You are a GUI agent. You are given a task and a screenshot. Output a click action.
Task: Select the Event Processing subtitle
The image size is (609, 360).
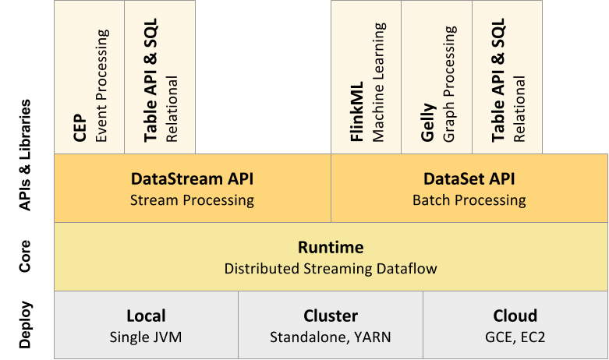[x=101, y=86]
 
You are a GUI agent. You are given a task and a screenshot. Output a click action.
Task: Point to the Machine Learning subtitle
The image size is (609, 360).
[x=379, y=82]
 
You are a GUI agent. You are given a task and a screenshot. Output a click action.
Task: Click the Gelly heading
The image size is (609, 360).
[x=427, y=125]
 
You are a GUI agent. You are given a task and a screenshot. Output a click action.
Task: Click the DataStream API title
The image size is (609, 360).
[x=192, y=179]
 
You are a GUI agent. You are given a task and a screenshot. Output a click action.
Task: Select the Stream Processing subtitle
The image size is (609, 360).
[x=192, y=200]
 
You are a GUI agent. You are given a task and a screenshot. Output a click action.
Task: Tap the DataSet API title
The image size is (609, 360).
[x=469, y=179]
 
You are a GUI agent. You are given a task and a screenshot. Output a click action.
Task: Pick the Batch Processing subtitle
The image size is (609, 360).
[x=469, y=200]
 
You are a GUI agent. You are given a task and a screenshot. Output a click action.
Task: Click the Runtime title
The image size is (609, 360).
[x=331, y=248]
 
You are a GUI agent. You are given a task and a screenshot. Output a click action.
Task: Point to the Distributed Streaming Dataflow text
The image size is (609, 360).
[x=331, y=269]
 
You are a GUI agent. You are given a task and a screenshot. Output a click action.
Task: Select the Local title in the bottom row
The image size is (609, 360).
[x=146, y=316]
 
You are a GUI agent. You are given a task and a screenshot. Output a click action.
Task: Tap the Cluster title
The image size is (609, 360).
[x=331, y=316]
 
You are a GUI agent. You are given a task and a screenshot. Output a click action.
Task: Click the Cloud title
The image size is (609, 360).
[x=515, y=316]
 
